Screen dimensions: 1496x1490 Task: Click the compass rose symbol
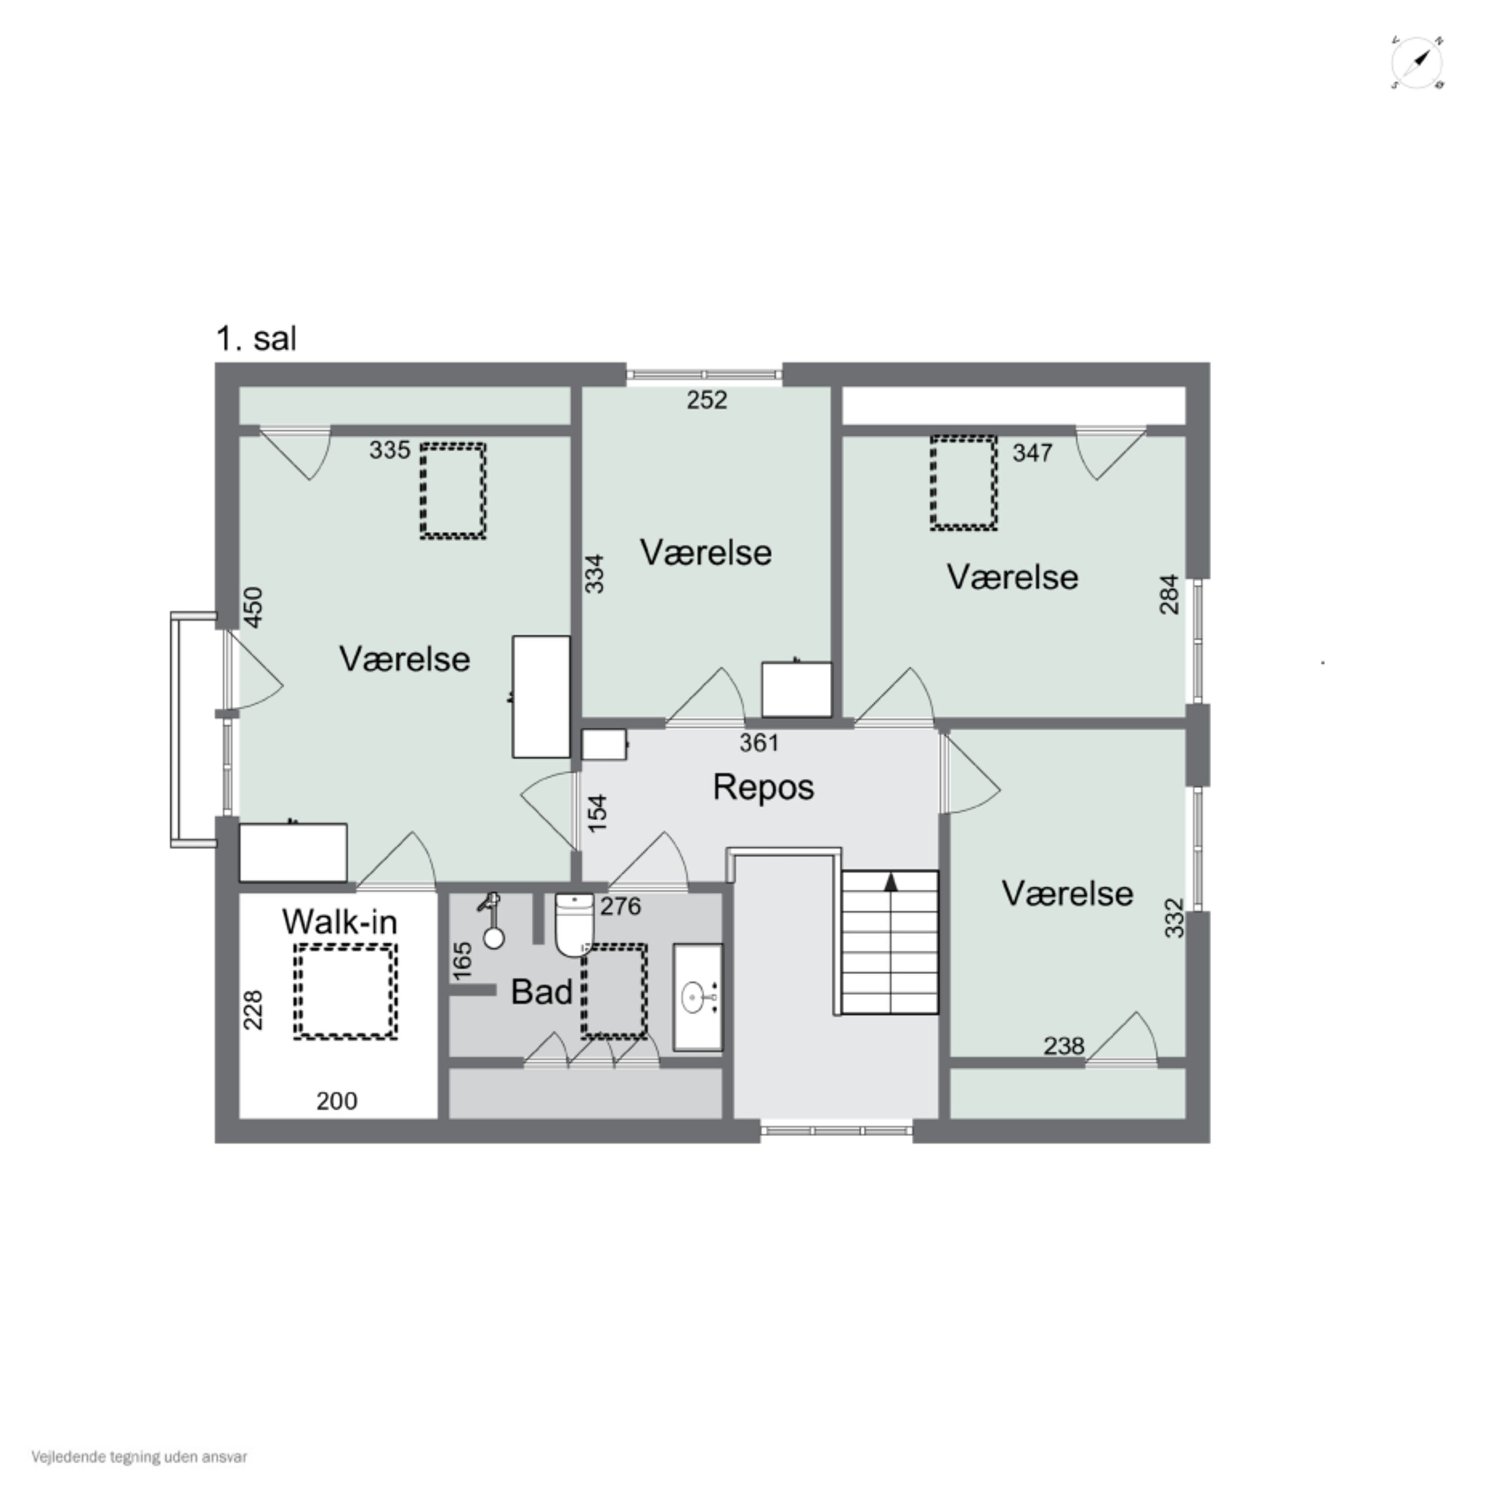[x=1418, y=62]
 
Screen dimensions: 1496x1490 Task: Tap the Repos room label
[x=763, y=787]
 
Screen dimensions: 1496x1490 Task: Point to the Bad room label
[x=541, y=992]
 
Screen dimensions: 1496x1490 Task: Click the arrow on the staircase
[x=891, y=881]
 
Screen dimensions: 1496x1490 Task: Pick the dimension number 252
[x=707, y=401]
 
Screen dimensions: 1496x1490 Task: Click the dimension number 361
[x=759, y=743]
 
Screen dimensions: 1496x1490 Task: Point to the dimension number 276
[x=620, y=906]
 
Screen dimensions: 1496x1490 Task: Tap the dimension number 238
[x=1064, y=1046]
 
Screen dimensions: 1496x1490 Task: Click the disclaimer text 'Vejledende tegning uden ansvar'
[x=140, y=1457]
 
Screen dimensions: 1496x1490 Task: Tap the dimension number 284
[x=1169, y=594]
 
